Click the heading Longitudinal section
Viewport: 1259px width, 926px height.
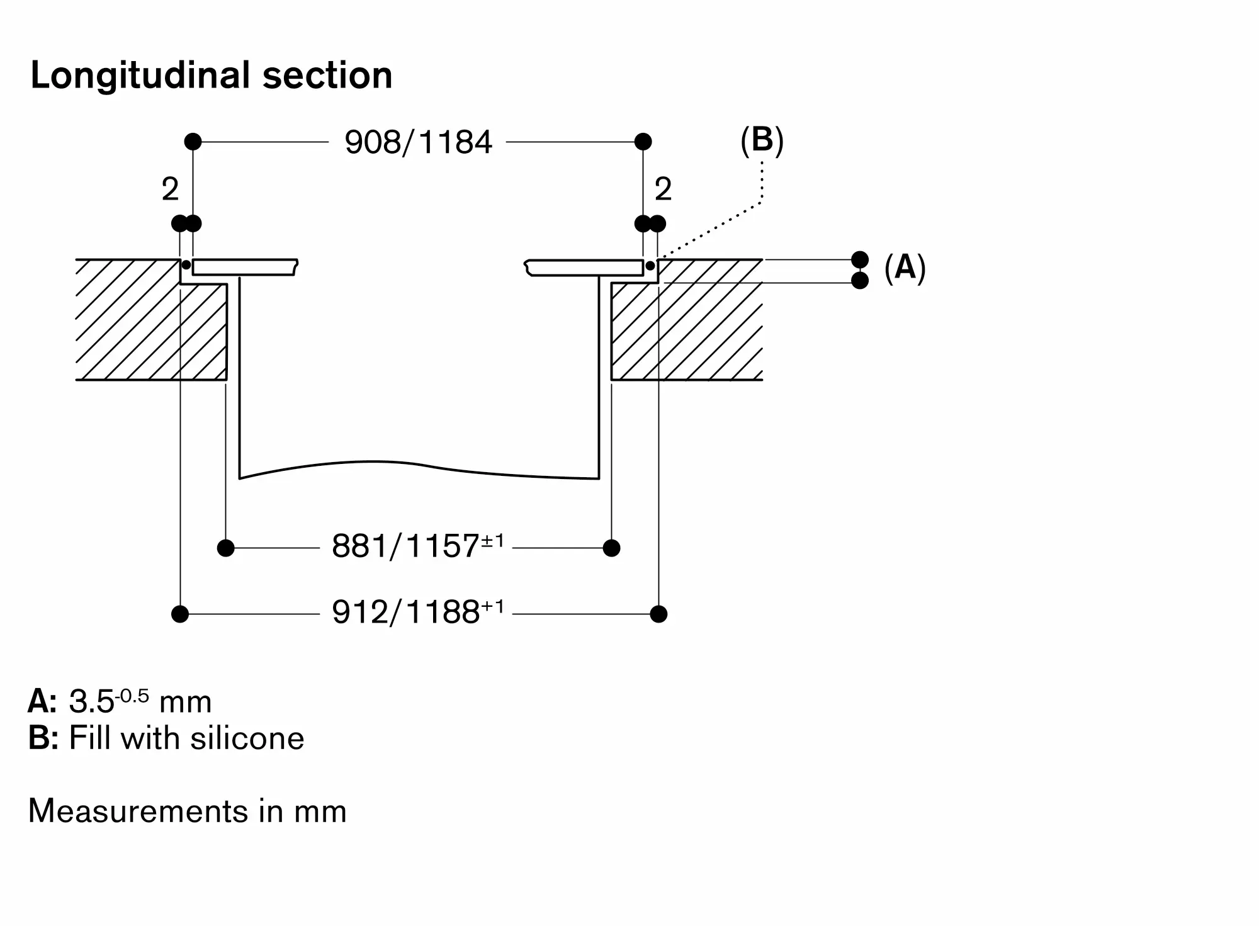212,76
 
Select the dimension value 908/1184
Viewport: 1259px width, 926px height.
418,142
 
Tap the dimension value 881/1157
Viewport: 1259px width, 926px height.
406,546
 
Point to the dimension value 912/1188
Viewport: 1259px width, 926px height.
406,612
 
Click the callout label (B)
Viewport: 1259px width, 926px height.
762,140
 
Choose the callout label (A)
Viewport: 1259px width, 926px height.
905,268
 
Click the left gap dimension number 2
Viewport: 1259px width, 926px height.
170,189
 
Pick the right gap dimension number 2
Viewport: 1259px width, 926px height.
663,189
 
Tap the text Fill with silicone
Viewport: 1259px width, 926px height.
186,738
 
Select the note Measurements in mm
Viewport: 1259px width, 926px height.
188,811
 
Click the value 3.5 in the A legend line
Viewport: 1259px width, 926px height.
91,702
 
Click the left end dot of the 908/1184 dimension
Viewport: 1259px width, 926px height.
193,142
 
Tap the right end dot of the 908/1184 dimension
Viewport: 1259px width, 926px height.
643,142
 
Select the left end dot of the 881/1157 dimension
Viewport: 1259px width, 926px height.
225,548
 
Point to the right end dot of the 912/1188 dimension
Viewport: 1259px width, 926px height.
658,614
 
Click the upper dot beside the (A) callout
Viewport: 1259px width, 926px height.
859,259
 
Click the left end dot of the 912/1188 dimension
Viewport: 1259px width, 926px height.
180,614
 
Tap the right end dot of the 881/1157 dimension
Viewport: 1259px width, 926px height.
611,548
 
